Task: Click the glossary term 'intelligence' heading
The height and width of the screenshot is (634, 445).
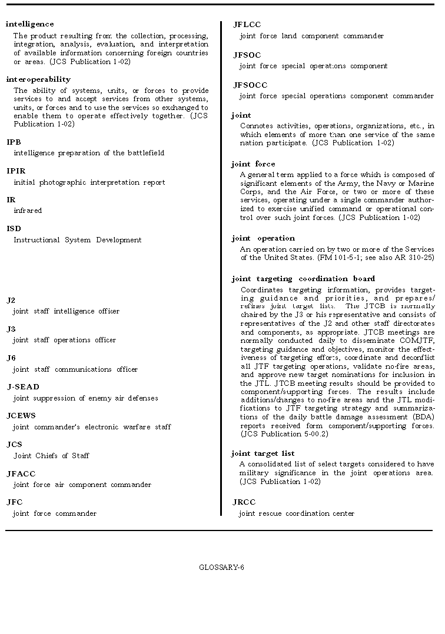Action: [x=29, y=24]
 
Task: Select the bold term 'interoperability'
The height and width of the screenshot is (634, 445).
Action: [x=38, y=79]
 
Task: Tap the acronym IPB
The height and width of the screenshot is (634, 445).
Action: [x=14, y=142]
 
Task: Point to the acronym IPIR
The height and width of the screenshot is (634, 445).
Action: [x=16, y=171]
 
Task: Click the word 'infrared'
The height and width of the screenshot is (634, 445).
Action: [x=28, y=211]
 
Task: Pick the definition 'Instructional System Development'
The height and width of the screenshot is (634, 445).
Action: [x=77, y=240]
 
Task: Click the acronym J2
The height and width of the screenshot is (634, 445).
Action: [x=11, y=301]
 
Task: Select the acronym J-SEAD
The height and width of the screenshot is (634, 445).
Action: [x=23, y=387]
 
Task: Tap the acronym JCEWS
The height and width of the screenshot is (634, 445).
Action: [x=21, y=416]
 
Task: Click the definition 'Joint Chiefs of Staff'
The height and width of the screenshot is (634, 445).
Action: [x=51, y=456]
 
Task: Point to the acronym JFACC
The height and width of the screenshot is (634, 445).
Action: [x=21, y=473]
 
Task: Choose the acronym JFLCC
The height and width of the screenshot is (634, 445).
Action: [x=247, y=25]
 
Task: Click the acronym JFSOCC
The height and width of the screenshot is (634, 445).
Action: [x=250, y=85]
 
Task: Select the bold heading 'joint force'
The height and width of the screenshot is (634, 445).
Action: [x=253, y=164]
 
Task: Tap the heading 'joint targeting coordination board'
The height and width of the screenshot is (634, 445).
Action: [x=303, y=279]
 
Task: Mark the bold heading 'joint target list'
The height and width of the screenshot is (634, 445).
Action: [x=263, y=453]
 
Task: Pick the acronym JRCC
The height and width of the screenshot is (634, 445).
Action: [x=245, y=502]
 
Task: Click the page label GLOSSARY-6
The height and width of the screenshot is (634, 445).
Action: [x=222, y=568]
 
